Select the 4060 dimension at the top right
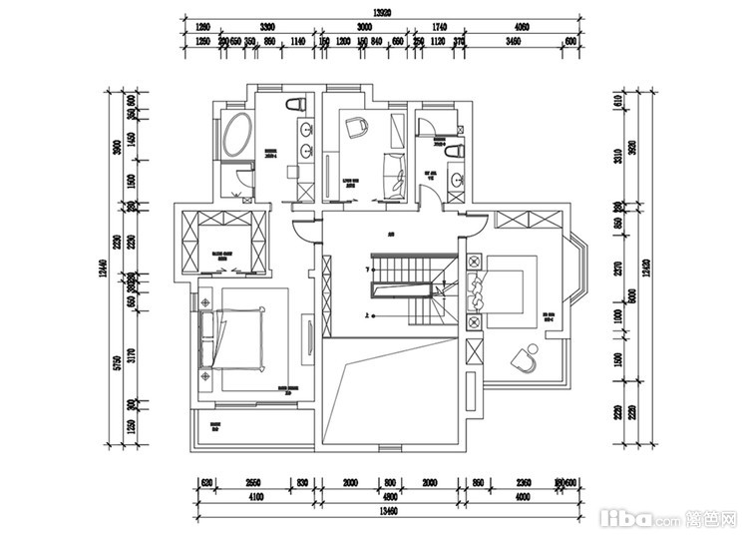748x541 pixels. [x=523, y=28]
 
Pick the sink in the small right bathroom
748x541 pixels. [x=456, y=181]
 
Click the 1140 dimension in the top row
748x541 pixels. [x=297, y=42]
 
